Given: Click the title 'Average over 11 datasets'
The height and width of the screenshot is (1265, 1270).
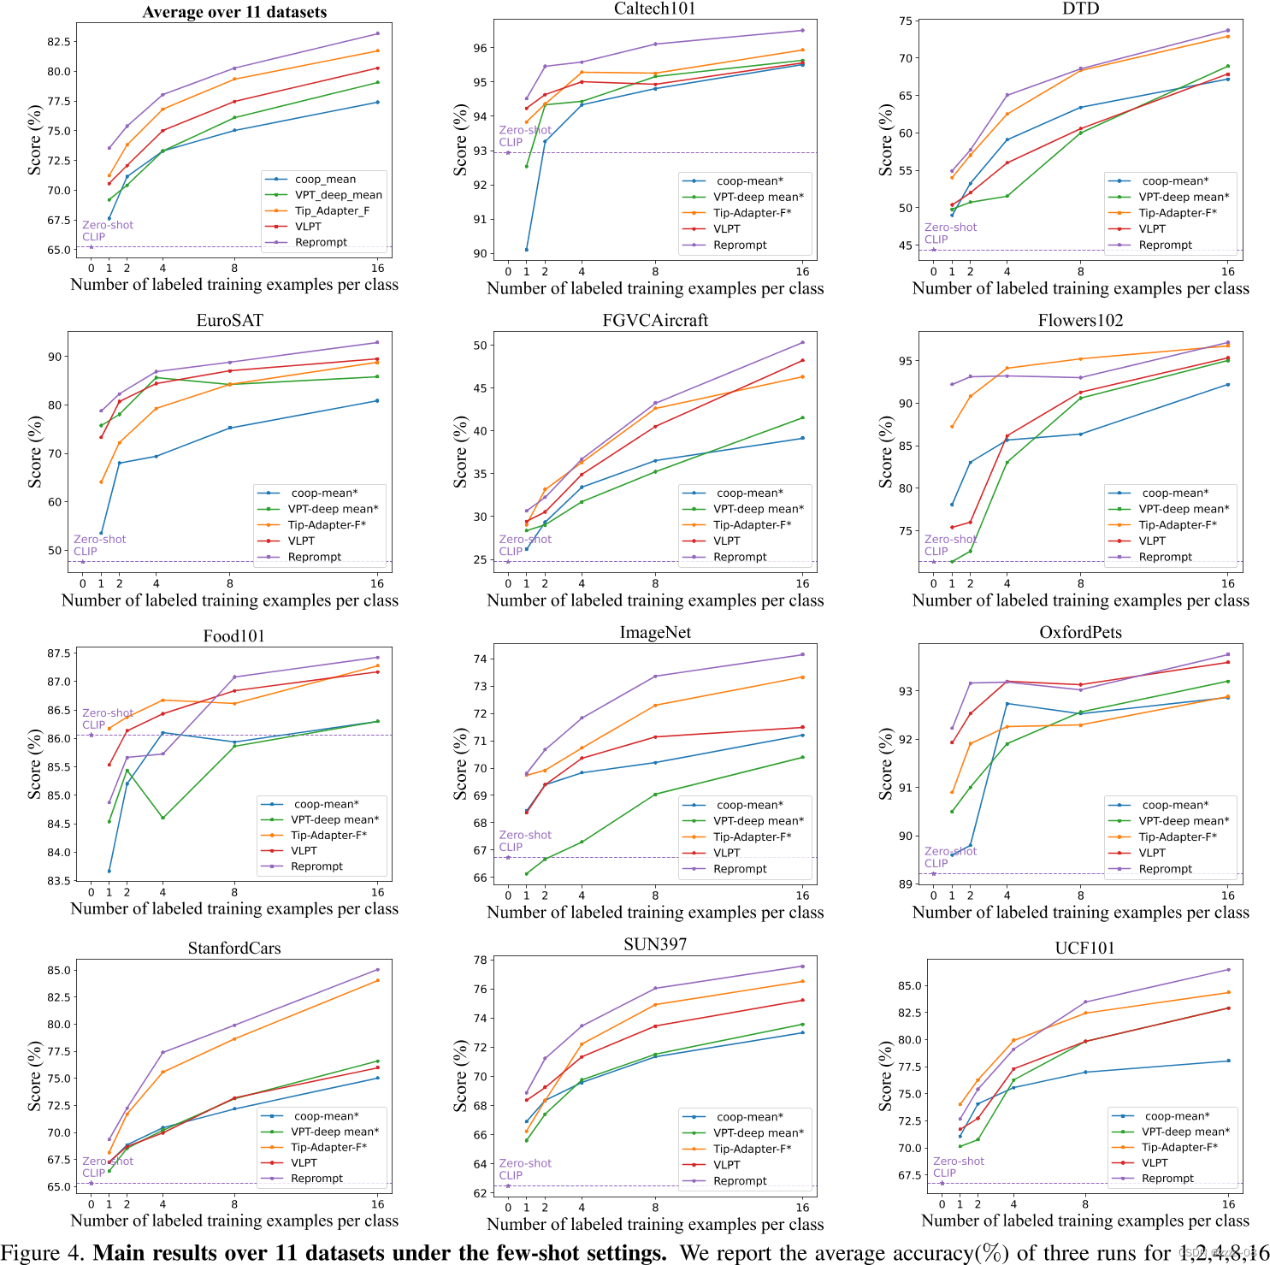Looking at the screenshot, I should click(234, 12).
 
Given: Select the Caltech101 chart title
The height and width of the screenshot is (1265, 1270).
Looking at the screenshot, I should click(655, 9).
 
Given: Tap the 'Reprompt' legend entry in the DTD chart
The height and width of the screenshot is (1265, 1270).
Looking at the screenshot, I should click(1165, 245).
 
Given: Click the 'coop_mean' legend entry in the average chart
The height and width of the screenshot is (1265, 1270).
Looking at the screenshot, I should click(325, 180).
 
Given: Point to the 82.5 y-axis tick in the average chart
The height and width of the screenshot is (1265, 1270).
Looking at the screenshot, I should click(58, 42).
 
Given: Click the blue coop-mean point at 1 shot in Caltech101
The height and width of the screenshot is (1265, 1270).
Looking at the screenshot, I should click(527, 250).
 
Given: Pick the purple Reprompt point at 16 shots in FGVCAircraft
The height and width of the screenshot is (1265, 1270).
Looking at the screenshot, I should click(802, 343).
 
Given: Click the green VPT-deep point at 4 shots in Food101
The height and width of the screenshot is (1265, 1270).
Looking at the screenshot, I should click(162, 818).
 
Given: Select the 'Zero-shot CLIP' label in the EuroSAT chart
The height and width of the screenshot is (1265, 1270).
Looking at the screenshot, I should click(99, 545).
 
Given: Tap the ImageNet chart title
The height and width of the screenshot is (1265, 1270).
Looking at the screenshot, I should click(655, 632).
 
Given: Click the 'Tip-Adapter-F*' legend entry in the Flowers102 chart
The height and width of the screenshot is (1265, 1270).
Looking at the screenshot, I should click(1178, 525).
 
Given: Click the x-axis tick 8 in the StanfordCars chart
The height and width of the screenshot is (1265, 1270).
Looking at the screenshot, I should click(234, 1203).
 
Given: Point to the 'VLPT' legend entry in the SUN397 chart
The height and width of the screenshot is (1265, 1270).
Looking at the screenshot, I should click(727, 1165).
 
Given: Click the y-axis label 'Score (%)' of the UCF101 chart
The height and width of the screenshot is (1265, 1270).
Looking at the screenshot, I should click(886, 1076).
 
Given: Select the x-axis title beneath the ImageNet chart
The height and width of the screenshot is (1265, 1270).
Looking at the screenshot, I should click(655, 913).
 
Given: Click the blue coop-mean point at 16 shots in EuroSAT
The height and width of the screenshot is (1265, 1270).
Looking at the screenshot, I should click(377, 401).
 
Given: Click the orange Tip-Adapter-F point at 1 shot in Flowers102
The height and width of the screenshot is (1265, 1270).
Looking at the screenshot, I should click(952, 427).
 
